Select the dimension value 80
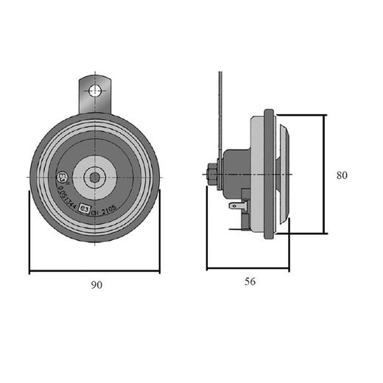click(x=341, y=175)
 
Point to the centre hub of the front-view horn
click(x=94, y=176)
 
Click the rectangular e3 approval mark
click(x=85, y=208)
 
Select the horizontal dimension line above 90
click(x=94, y=271)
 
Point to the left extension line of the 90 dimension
click(x=29, y=228)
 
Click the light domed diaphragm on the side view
click(x=284, y=175)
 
